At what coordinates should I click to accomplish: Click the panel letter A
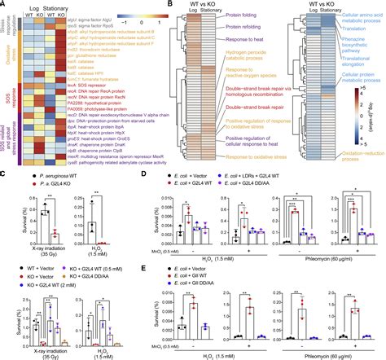click(5, 5)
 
